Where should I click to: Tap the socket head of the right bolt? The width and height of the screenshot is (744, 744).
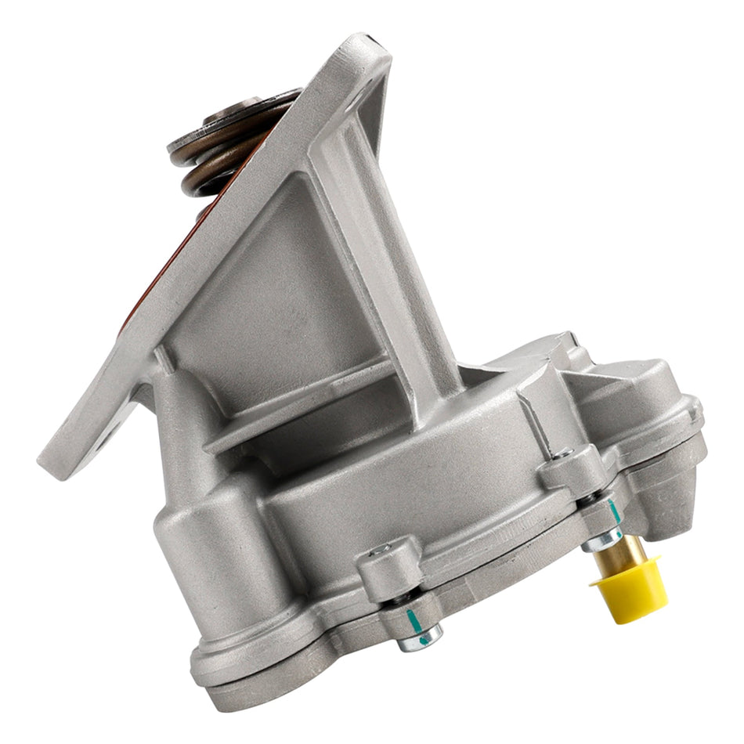pyautogui.click(x=562, y=453)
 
